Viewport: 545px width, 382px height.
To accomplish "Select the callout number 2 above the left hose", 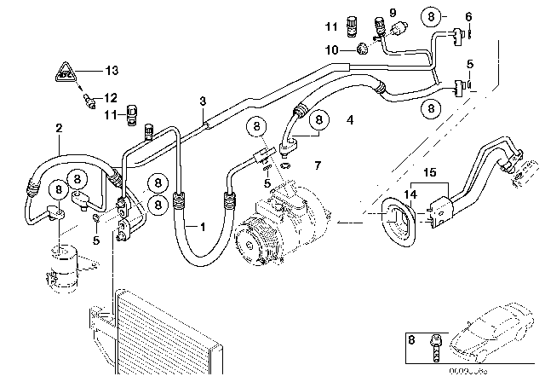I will click(58, 128).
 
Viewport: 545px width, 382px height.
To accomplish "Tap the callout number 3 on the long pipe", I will click(202, 102).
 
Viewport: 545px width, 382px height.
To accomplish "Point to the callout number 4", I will click(350, 120).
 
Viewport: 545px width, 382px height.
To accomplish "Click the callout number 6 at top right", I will click(468, 16).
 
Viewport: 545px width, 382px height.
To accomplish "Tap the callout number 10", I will click(331, 49).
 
